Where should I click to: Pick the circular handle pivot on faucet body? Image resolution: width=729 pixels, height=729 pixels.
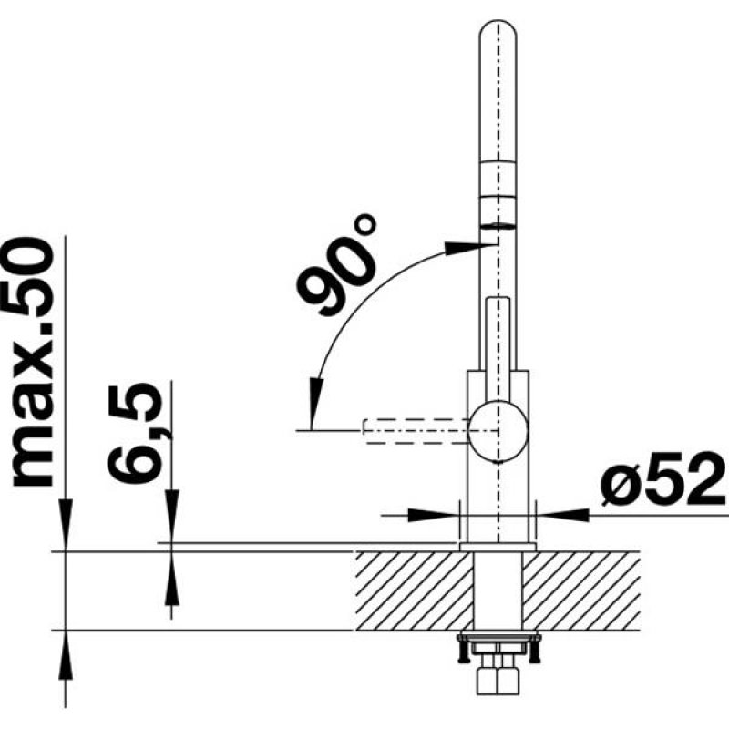click(x=497, y=427)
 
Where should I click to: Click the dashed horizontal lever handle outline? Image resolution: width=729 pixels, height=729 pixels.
click(x=416, y=428)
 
